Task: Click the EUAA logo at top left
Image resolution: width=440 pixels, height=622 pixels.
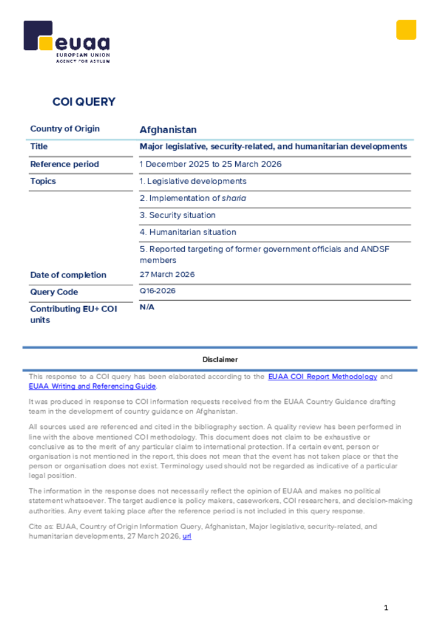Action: coord(66,41)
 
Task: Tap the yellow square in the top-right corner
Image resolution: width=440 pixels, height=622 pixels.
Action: coord(406,30)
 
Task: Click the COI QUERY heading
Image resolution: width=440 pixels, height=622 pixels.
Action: coord(84,102)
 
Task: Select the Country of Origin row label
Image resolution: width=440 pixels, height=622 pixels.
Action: coord(65,129)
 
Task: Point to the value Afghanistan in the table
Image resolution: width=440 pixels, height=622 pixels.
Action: coord(168,130)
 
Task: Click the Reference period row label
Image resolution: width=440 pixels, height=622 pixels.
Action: coord(64,164)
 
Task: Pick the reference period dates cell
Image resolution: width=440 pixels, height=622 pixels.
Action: coord(210,164)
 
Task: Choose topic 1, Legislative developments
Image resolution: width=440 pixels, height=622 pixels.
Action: coord(193,181)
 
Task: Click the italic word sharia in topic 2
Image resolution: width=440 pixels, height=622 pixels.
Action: coord(234,198)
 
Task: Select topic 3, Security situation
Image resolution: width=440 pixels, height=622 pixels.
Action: coord(177,215)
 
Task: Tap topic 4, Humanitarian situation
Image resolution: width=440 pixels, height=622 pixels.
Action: coord(188,232)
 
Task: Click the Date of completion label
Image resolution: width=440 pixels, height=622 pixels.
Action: coord(68,275)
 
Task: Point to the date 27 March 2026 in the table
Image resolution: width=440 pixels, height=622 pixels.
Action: coord(167,275)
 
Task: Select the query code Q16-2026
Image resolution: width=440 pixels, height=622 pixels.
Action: coord(157,291)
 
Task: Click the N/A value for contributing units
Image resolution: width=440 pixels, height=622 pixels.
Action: coord(147,307)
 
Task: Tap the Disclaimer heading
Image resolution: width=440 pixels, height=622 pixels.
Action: coord(220,360)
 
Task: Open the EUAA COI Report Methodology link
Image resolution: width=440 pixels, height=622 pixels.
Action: coord(323,377)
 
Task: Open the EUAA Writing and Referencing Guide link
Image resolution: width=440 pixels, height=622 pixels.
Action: coord(92,386)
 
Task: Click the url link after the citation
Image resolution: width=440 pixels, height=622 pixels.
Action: coord(187,537)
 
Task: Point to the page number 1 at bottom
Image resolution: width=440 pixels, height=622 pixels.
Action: coord(386,608)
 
